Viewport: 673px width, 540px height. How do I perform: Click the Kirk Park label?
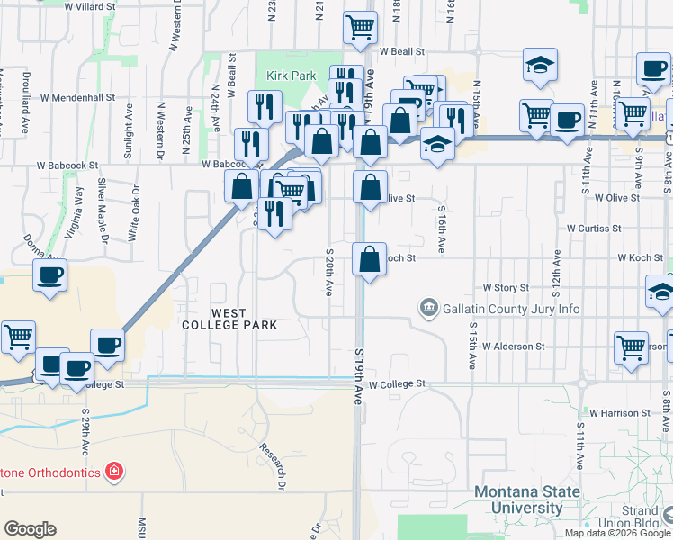click(289, 76)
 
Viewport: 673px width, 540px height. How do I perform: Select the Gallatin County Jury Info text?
click(510, 310)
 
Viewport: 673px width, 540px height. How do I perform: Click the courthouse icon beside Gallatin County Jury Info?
click(428, 309)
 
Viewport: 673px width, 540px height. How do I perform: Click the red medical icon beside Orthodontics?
click(113, 470)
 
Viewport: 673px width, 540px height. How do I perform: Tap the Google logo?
click(30, 529)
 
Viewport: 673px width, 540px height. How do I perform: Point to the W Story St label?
click(506, 287)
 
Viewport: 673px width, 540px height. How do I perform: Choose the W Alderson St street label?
click(513, 346)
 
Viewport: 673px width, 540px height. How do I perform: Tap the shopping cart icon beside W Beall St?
click(360, 28)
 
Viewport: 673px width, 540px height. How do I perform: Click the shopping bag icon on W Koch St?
click(370, 260)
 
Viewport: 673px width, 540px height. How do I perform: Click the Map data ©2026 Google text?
click(618, 533)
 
